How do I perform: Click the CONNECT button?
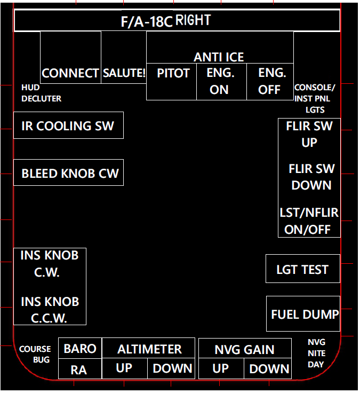tap(70, 73)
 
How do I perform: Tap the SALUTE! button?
tap(124, 73)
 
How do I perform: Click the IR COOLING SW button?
tap(68, 125)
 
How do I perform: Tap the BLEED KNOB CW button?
tap(68, 173)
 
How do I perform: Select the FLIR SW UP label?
tap(309, 135)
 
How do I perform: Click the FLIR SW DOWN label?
tap(311, 177)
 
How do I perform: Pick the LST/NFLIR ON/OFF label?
tap(309, 221)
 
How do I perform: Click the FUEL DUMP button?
tap(304, 314)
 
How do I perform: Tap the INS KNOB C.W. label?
tap(49, 264)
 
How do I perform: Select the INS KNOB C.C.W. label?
tap(49, 310)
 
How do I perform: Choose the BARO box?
tap(80, 349)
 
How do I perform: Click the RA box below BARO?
tap(79, 370)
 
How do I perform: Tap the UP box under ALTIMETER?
tap(124, 368)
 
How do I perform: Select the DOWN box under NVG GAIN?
tap(269, 368)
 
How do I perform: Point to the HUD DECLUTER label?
tap(41, 93)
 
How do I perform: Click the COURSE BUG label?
tap(35, 355)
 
